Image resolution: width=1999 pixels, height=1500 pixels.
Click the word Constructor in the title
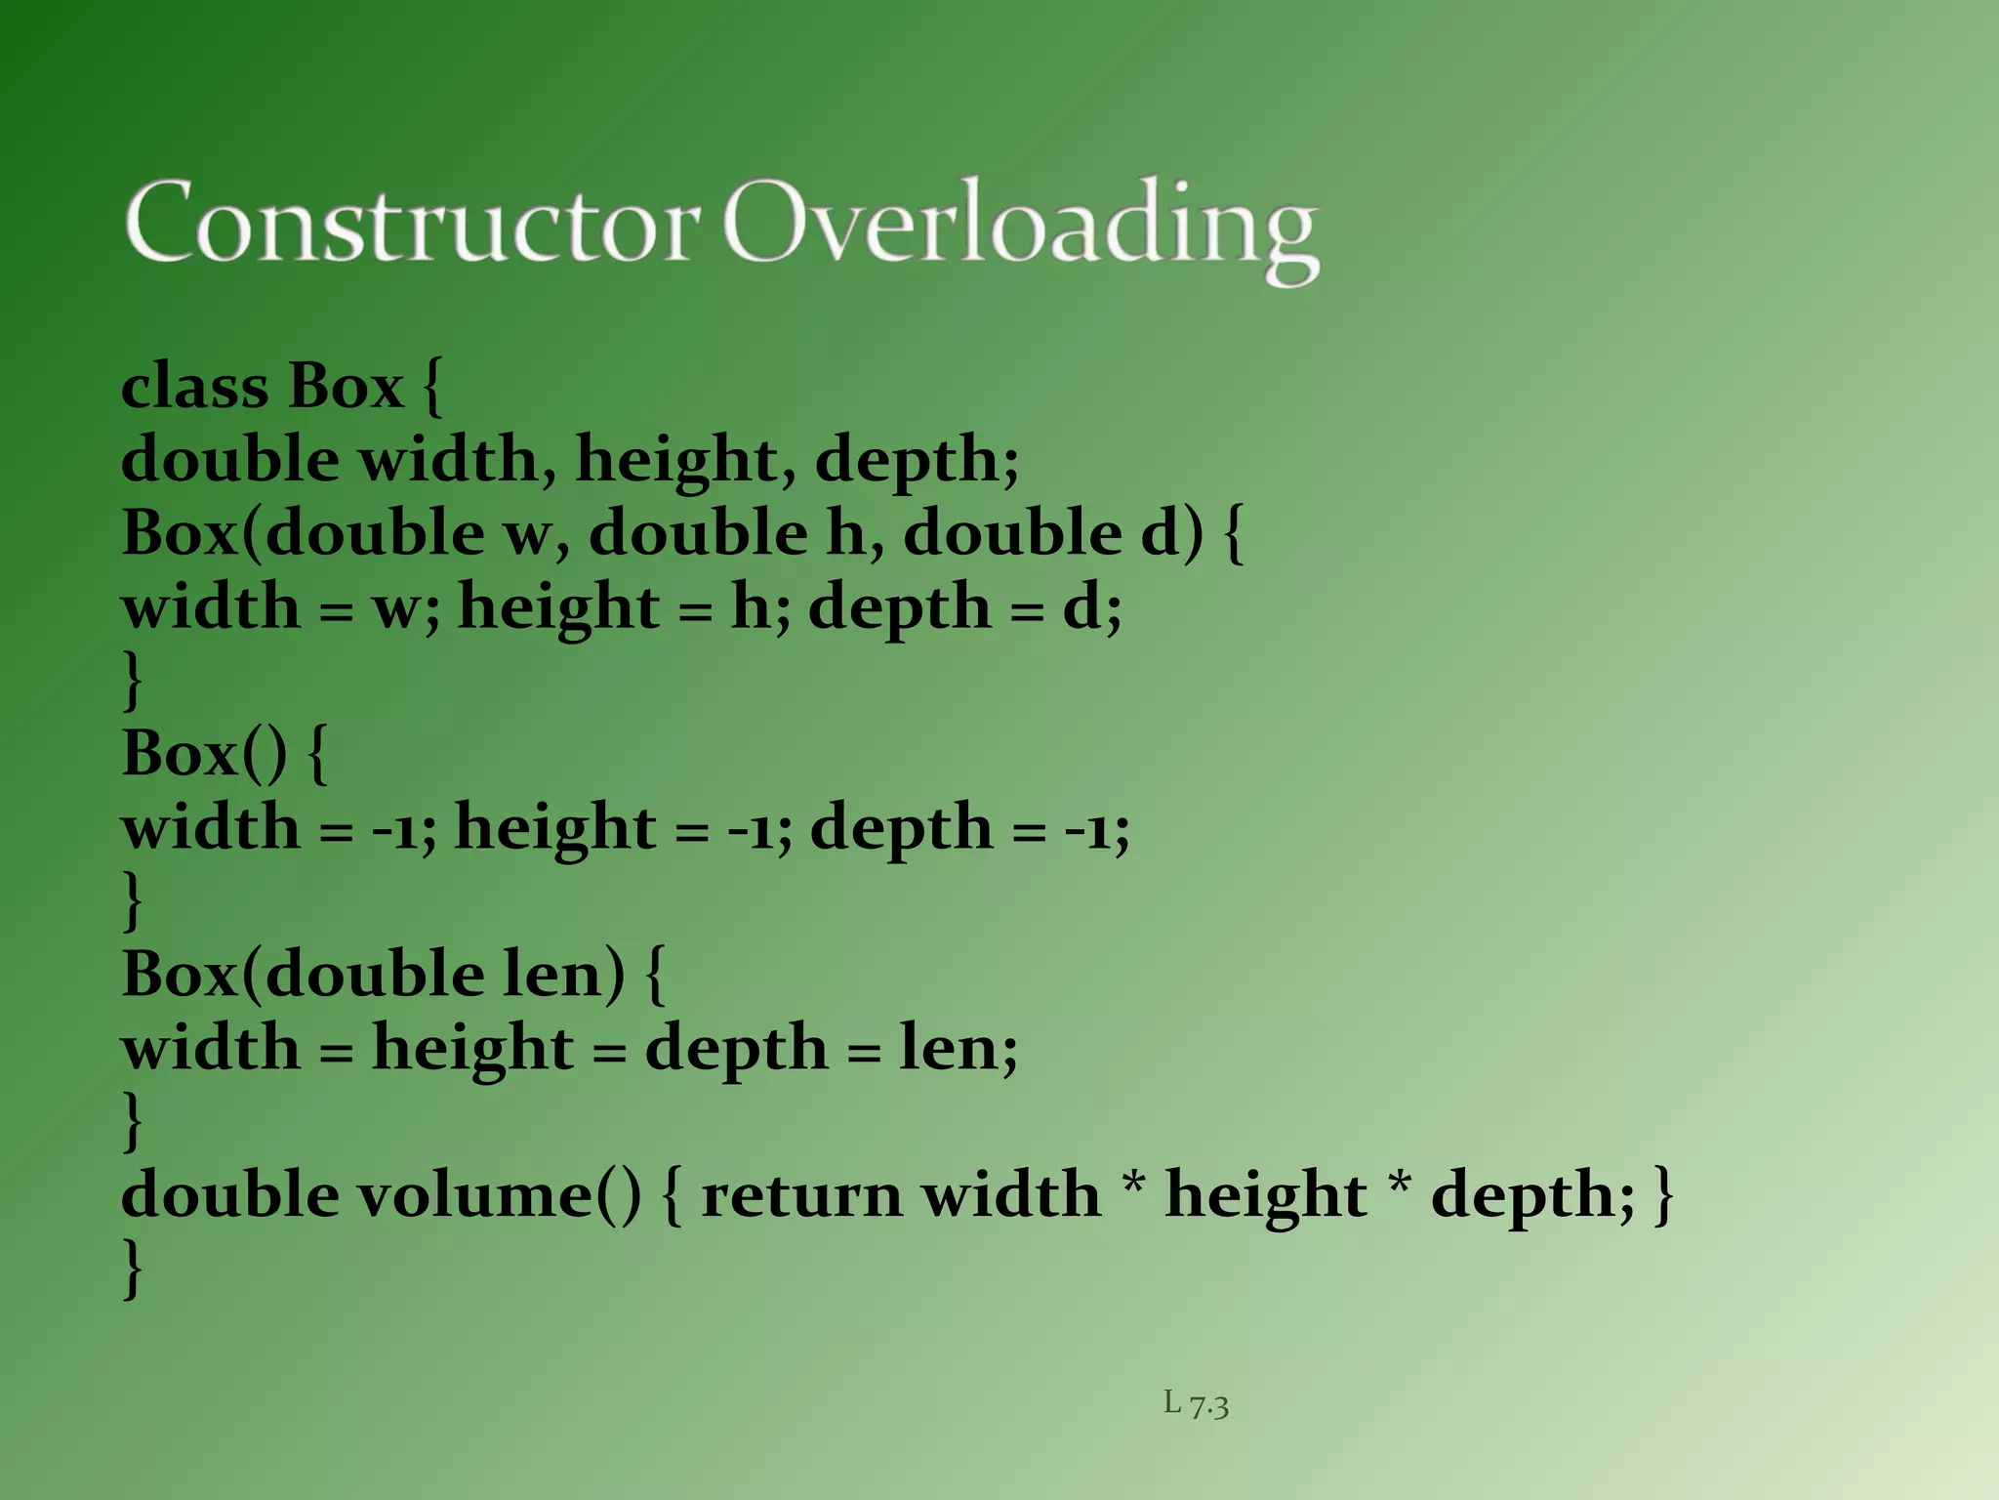[412, 223]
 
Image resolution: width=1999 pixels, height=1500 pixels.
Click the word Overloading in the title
[1020, 227]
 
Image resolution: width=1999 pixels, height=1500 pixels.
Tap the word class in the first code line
[194, 386]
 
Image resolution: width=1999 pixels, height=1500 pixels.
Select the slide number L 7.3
[1196, 1404]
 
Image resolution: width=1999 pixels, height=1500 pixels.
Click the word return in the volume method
[801, 1194]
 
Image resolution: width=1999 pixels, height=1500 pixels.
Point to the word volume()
[498, 1194]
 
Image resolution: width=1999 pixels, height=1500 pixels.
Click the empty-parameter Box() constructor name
[205, 753]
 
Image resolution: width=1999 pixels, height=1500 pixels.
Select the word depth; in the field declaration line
[917, 460]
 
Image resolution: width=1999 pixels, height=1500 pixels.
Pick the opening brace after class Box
[433, 387]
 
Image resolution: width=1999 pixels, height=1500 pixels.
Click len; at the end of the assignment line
[958, 1048]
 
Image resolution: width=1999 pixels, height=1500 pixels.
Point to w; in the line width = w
[406, 607]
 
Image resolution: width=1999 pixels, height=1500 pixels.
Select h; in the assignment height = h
[760, 607]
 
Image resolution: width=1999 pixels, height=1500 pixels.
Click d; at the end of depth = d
[1091, 607]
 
